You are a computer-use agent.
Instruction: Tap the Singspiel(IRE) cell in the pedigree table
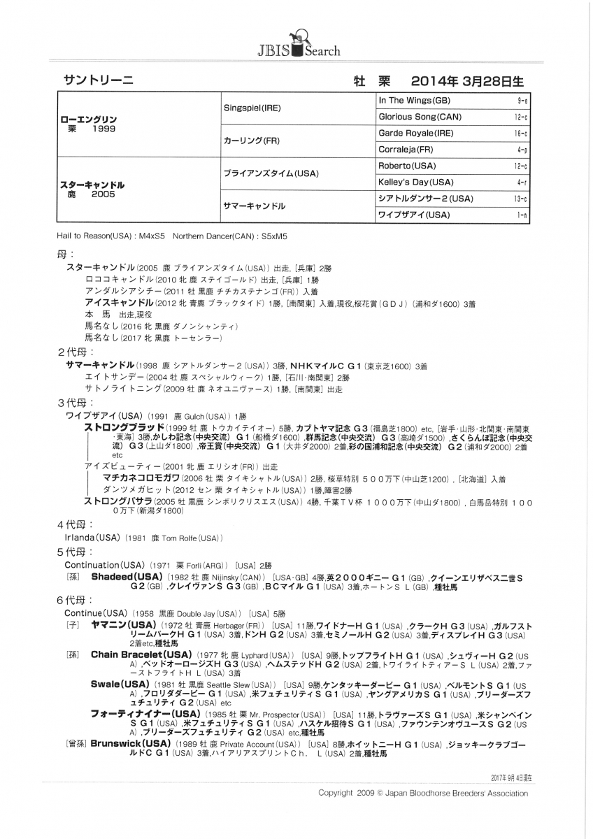click(252, 108)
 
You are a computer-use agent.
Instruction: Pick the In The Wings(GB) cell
click(414, 101)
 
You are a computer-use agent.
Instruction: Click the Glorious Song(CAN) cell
click(420, 117)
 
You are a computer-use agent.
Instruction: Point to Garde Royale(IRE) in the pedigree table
click(415, 133)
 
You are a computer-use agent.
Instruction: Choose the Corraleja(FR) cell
click(406, 150)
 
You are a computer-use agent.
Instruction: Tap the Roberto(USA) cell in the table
click(406, 166)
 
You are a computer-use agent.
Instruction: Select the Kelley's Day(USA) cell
click(416, 182)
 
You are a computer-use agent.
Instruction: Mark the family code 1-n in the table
click(522, 215)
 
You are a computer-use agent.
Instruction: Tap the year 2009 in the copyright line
click(364, 794)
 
